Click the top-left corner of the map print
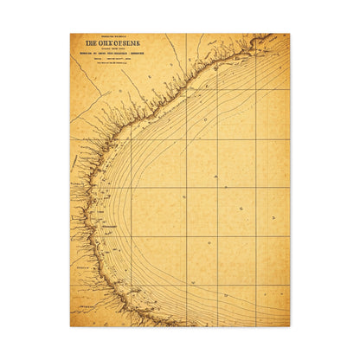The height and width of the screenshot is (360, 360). point(71,35)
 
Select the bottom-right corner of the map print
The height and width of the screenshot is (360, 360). point(289,325)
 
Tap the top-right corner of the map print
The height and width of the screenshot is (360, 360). point(289,35)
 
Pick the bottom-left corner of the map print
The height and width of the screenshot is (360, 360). point(71,325)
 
